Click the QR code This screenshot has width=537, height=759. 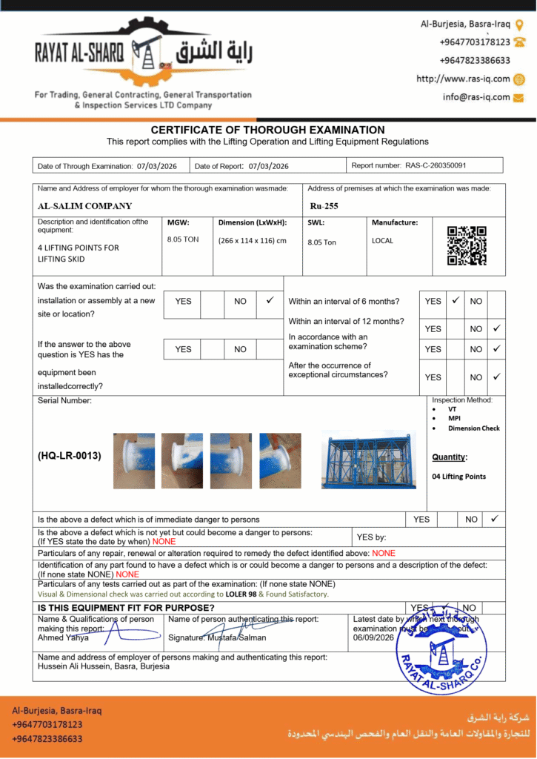(467, 246)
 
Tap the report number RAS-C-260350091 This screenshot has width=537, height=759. (436, 165)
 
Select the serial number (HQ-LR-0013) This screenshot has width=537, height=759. (70, 456)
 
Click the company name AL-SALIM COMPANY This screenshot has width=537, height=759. (84, 206)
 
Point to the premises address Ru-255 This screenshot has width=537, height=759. (324, 206)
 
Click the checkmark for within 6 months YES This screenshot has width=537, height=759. (456, 301)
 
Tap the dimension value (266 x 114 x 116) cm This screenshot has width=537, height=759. (252, 240)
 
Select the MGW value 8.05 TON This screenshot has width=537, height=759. (184, 239)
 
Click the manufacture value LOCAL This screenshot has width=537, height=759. (382, 240)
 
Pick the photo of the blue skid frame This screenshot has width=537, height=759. (368, 460)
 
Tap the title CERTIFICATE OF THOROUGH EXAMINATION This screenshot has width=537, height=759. (268, 130)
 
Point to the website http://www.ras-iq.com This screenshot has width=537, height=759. (463, 79)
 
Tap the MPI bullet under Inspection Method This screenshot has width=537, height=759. (454, 419)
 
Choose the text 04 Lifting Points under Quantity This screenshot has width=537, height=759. (458, 477)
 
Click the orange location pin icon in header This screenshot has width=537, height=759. (518, 24)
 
